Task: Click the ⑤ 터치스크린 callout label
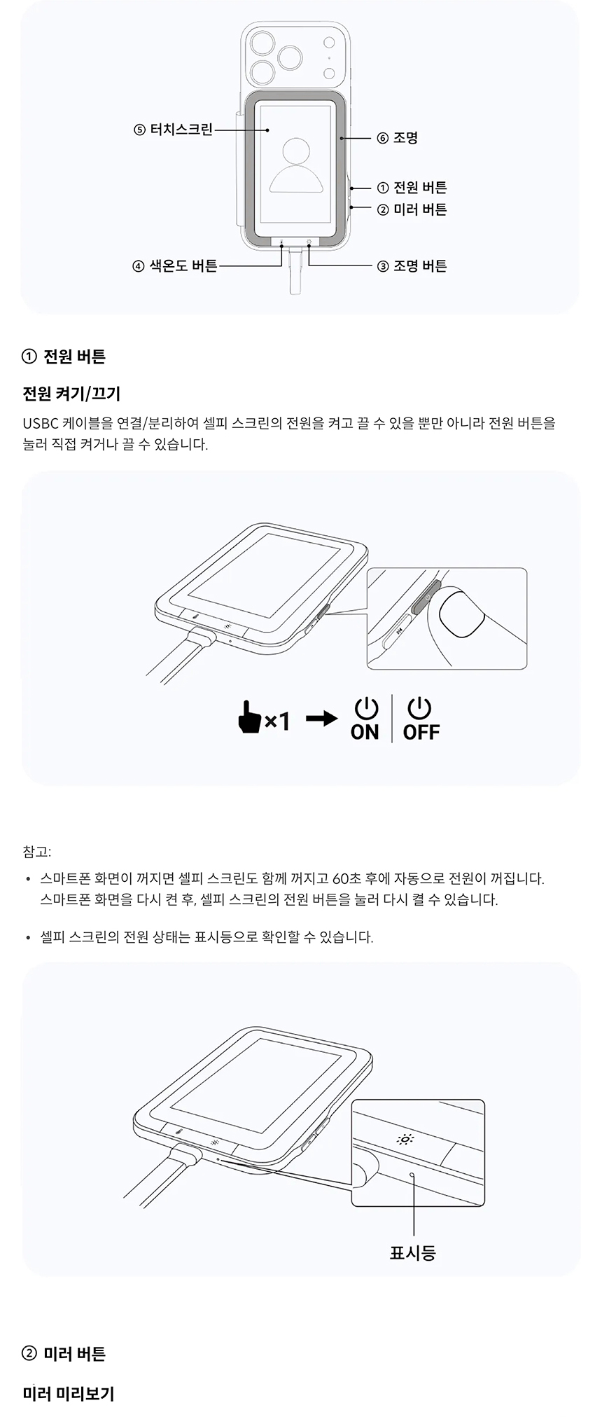[173, 130]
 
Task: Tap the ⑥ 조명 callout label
[397, 138]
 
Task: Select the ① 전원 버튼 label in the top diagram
[412, 187]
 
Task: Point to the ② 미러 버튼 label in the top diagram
[412, 209]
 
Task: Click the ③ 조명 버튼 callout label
[412, 265]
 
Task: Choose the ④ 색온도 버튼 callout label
[175, 265]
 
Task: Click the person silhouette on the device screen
[297, 165]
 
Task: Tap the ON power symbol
[365, 708]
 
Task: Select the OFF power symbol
[419, 708]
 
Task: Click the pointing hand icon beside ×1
[249, 717]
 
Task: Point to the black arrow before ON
[322, 719]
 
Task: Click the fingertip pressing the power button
[461, 614]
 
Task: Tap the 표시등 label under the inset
[413, 1252]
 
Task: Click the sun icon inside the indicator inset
[405, 1139]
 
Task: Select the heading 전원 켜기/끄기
[71, 394]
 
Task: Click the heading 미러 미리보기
[69, 1394]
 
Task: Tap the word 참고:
[36, 852]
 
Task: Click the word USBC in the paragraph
[41, 423]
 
